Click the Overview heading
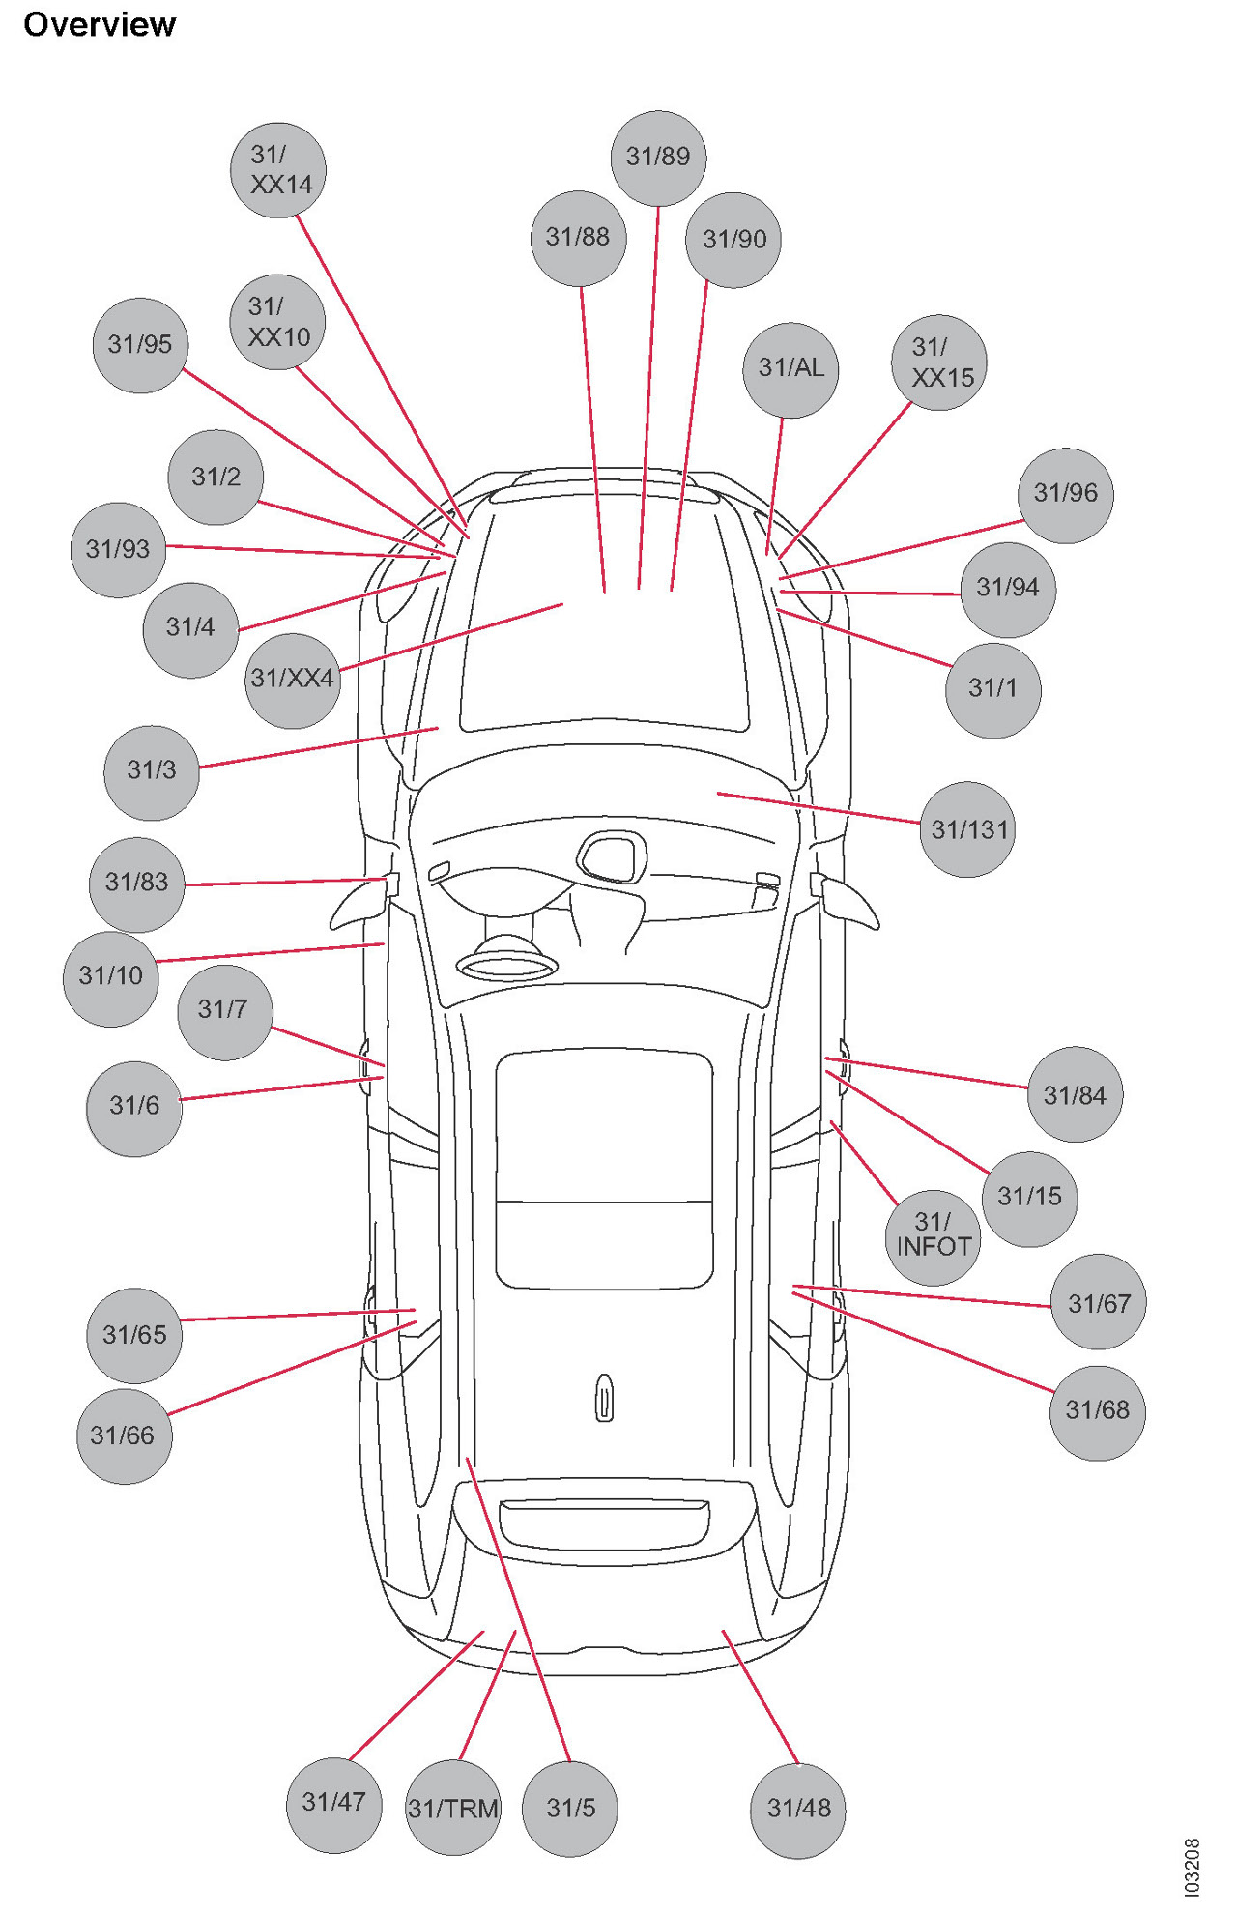100,24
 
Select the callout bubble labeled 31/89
658,158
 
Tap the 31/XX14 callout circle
278,170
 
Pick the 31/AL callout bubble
790,369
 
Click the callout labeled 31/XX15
939,362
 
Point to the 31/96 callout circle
1066,495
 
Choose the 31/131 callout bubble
967,829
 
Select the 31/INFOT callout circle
933,1236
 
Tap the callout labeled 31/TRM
453,1807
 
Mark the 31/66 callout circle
124,1435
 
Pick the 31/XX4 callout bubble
293,680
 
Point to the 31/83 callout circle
136,884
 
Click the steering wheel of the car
507,964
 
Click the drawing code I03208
1192,1866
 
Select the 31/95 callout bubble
140,345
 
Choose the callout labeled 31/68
1097,1411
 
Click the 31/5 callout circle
569,1808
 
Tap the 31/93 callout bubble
118,550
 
